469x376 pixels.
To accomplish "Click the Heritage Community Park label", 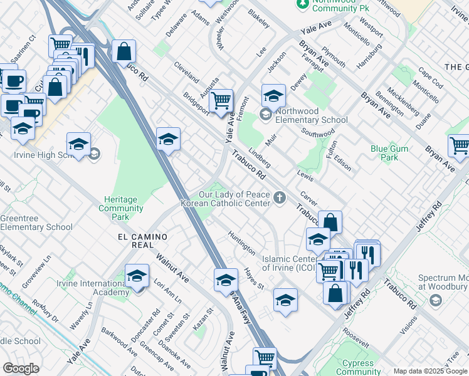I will tap(121, 208).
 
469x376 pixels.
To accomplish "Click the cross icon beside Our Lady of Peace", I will tap(280, 199).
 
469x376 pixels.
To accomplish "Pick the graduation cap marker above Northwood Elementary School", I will tap(273, 96).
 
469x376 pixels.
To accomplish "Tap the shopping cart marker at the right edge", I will tap(459, 146).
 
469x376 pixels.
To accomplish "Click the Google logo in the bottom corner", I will tap(21, 368).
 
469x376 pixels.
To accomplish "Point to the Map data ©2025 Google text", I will tap(430, 371).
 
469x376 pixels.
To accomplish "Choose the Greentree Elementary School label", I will tap(36, 222).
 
